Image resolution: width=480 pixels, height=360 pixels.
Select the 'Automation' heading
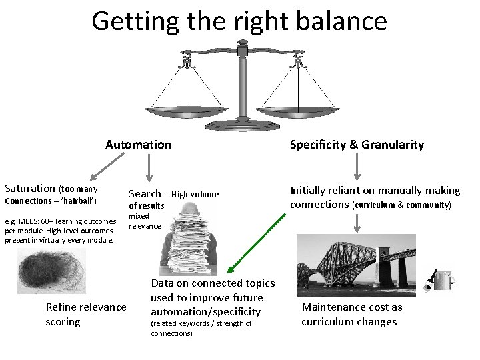tap(138, 145)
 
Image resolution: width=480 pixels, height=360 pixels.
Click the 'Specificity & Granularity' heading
tap(357, 145)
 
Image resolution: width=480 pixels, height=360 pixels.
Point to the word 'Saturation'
tap(30, 189)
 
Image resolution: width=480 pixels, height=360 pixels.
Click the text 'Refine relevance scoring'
tap(85, 314)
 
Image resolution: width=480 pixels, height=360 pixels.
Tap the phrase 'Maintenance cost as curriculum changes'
tap(352, 315)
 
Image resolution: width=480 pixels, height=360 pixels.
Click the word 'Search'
tap(145, 194)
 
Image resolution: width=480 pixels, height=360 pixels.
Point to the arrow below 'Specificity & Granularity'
tap(357, 167)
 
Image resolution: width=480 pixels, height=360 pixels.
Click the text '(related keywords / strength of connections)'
tap(201, 328)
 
